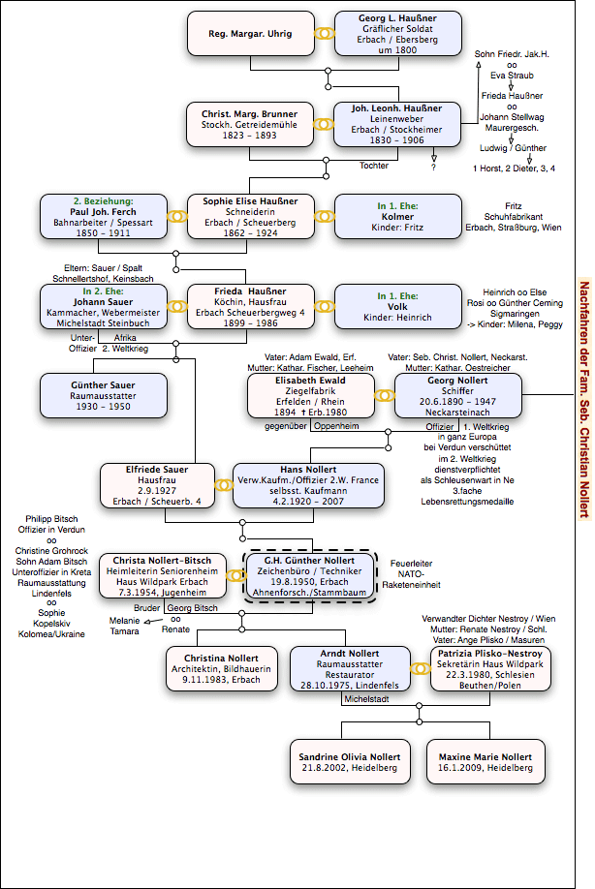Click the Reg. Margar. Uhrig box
point(251,33)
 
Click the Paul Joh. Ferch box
point(104,217)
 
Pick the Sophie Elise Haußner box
point(251,217)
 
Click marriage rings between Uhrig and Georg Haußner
point(325,34)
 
